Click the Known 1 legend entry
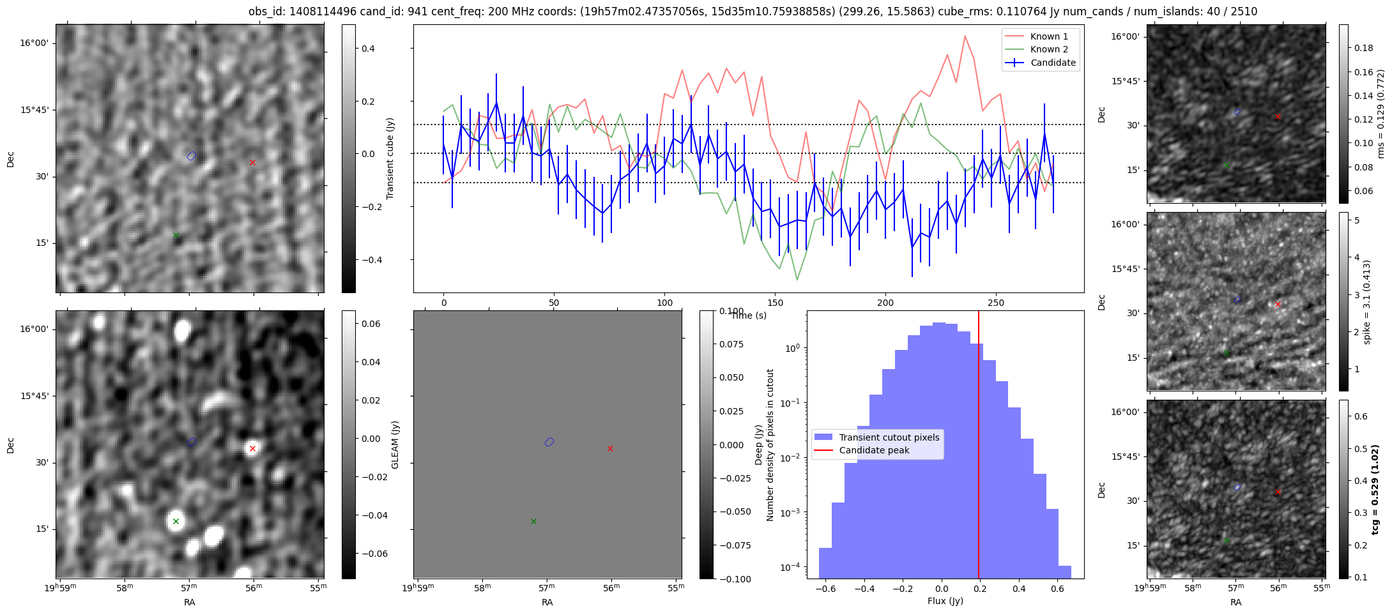click(1048, 36)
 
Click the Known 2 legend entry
click(1048, 49)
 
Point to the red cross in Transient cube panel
click(253, 162)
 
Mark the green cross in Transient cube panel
click(176, 235)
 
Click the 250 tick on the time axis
click(996, 303)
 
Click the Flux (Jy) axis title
click(945, 601)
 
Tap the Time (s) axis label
click(749, 315)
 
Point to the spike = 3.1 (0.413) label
click(1367, 301)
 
